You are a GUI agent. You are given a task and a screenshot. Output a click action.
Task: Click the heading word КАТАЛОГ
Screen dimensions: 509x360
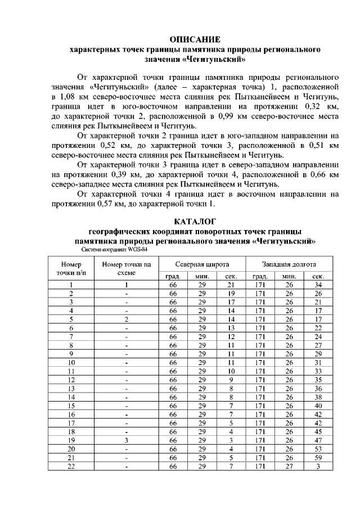click(x=194, y=221)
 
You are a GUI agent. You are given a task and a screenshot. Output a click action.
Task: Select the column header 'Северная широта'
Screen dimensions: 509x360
click(x=202, y=264)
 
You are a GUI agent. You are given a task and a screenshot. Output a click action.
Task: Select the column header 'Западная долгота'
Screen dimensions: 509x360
click(x=289, y=264)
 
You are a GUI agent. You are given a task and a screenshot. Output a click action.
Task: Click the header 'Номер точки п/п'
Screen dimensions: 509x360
click(x=71, y=267)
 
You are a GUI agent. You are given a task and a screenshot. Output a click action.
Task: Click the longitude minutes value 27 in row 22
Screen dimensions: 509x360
click(x=289, y=466)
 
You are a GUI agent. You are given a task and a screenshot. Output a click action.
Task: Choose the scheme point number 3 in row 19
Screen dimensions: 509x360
click(x=127, y=440)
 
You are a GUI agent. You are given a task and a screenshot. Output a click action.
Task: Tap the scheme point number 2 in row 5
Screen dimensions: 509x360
click(x=127, y=319)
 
